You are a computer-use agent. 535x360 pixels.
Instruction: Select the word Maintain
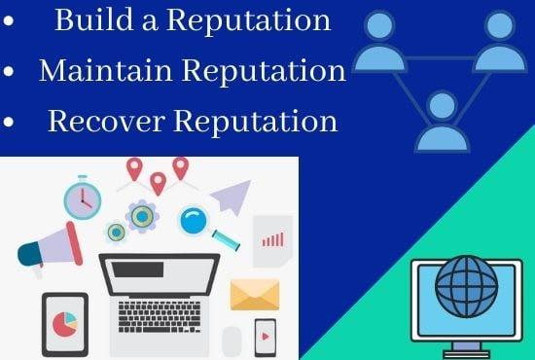(x=103, y=71)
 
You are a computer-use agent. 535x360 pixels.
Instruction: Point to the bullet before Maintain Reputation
(x=10, y=73)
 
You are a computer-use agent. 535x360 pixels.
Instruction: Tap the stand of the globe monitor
(x=466, y=347)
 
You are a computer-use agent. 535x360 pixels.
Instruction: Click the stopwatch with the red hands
(x=83, y=199)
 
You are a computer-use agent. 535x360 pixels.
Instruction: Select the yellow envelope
(x=255, y=294)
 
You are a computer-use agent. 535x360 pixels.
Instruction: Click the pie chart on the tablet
(x=65, y=324)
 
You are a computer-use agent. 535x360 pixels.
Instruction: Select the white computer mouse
(x=232, y=341)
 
